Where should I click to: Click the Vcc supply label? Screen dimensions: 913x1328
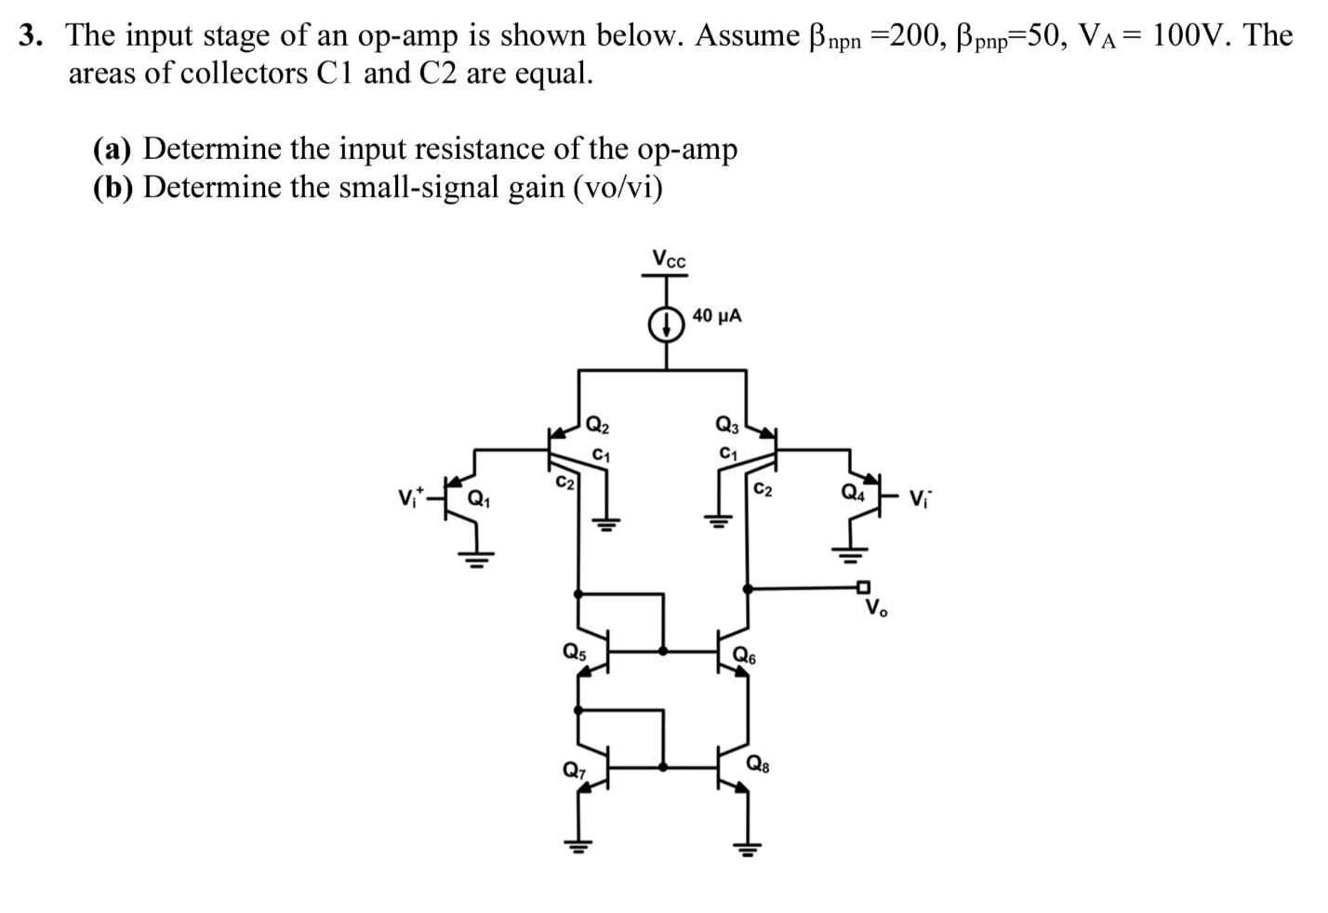click(668, 259)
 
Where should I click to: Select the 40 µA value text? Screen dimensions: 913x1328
click(717, 316)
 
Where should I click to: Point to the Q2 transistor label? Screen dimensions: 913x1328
click(598, 427)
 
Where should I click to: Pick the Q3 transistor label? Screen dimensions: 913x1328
click(727, 426)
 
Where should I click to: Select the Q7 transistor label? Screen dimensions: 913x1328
click(575, 770)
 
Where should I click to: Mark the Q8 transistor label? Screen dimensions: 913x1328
click(758, 765)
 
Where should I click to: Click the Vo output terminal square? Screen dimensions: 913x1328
click(864, 587)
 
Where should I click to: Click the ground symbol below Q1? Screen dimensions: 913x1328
click(476, 559)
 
